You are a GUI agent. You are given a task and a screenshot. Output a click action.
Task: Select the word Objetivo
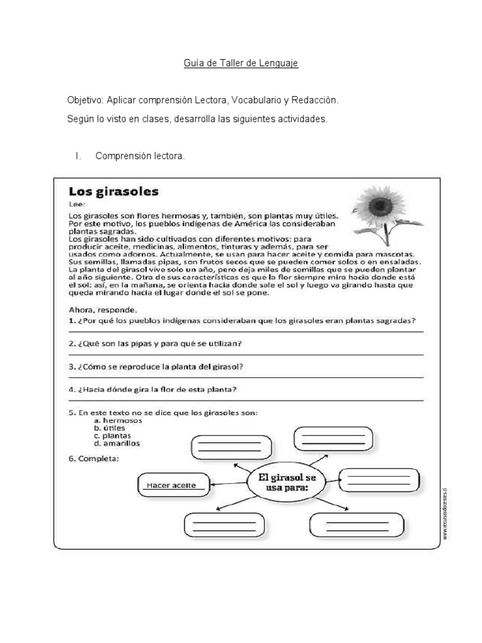(x=85, y=100)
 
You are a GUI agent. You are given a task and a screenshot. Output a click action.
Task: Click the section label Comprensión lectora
(x=140, y=156)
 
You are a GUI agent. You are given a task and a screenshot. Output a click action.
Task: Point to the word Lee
(x=75, y=203)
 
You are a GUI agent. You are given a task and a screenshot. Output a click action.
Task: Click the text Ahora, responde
(x=101, y=310)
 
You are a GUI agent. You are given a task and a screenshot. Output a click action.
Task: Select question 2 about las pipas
(x=155, y=343)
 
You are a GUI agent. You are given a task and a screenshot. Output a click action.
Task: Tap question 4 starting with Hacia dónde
(x=153, y=389)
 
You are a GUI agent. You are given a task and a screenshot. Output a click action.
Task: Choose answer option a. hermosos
(x=118, y=420)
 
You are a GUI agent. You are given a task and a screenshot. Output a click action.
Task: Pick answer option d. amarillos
(x=117, y=443)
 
